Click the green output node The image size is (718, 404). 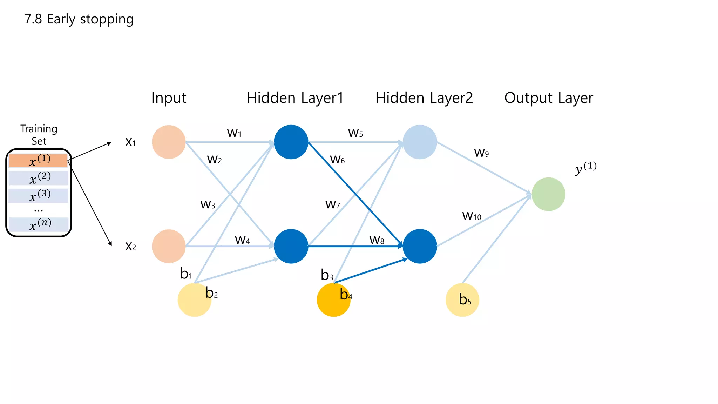click(x=548, y=194)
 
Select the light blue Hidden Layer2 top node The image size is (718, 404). click(x=420, y=142)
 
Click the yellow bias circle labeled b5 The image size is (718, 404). click(x=462, y=300)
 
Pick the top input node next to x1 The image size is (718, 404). click(x=169, y=142)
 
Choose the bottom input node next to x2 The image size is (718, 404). click(x=169, y=246)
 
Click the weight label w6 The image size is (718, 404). click(x=337, y=160)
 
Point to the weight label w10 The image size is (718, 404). click(x=472, y=216)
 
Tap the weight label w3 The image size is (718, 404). click(x=208, y=204)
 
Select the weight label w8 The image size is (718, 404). click(x=377, y=240)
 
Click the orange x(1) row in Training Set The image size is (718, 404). click(x=38, y=161)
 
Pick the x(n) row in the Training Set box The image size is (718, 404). click(x=39, y=224)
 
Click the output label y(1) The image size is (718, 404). click(x=585, y=168)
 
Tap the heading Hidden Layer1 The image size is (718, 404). click(x=295, y=98)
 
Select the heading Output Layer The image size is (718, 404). click(x=549, y=98)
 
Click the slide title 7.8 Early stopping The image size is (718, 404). click(x=79, y=19)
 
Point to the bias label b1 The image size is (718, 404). click(x=186, y=274)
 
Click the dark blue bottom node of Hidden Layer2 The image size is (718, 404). click(x=420, y=246)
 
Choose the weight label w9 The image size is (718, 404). click(x=481, y=153)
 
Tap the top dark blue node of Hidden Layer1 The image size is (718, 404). click(x=291, y=142)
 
